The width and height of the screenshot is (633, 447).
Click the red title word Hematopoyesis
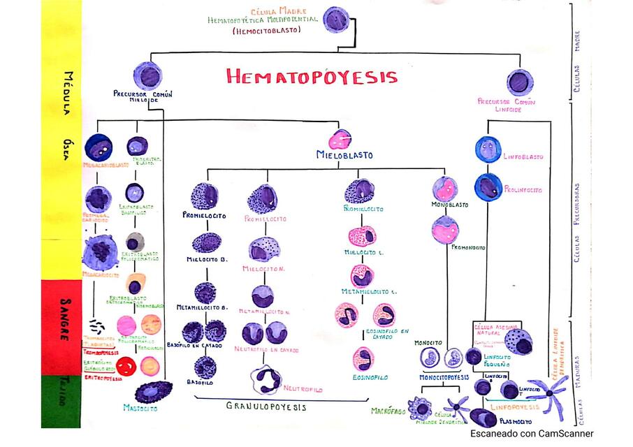(312, 77)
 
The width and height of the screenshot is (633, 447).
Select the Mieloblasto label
(344, 155)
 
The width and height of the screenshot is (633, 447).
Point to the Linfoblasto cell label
(523, 157)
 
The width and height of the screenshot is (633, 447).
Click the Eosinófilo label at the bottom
(370, 377)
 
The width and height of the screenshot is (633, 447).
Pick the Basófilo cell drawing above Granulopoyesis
(205, 366)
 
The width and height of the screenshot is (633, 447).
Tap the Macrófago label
(388, 411)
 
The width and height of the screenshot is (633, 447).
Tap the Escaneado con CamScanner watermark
(531, 434)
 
